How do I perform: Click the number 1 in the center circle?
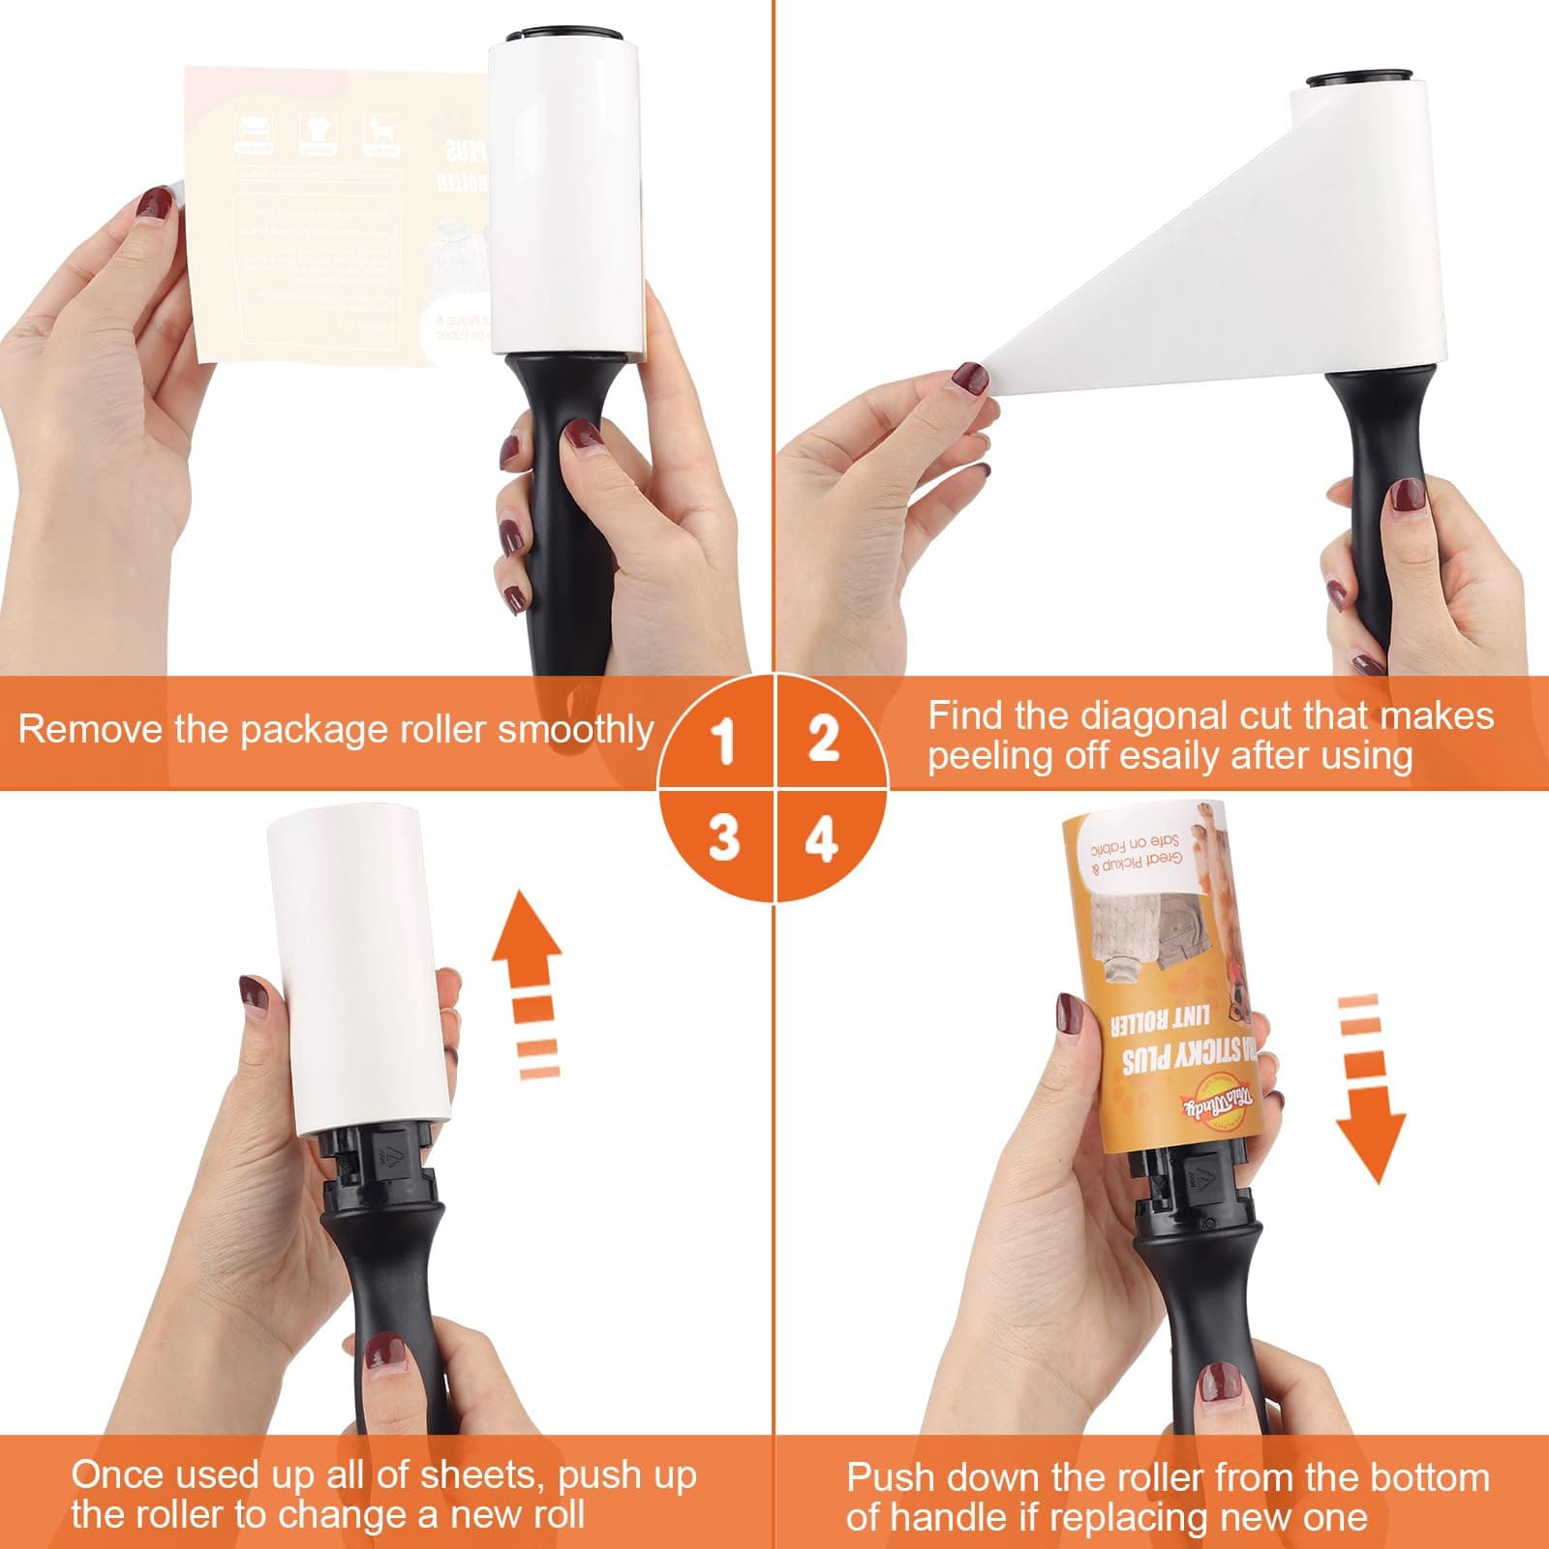click(723, 744)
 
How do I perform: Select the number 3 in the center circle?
click(723, 837)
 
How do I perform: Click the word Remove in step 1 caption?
click(92, 729)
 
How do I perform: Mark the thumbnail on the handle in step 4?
click(1220, 1384)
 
